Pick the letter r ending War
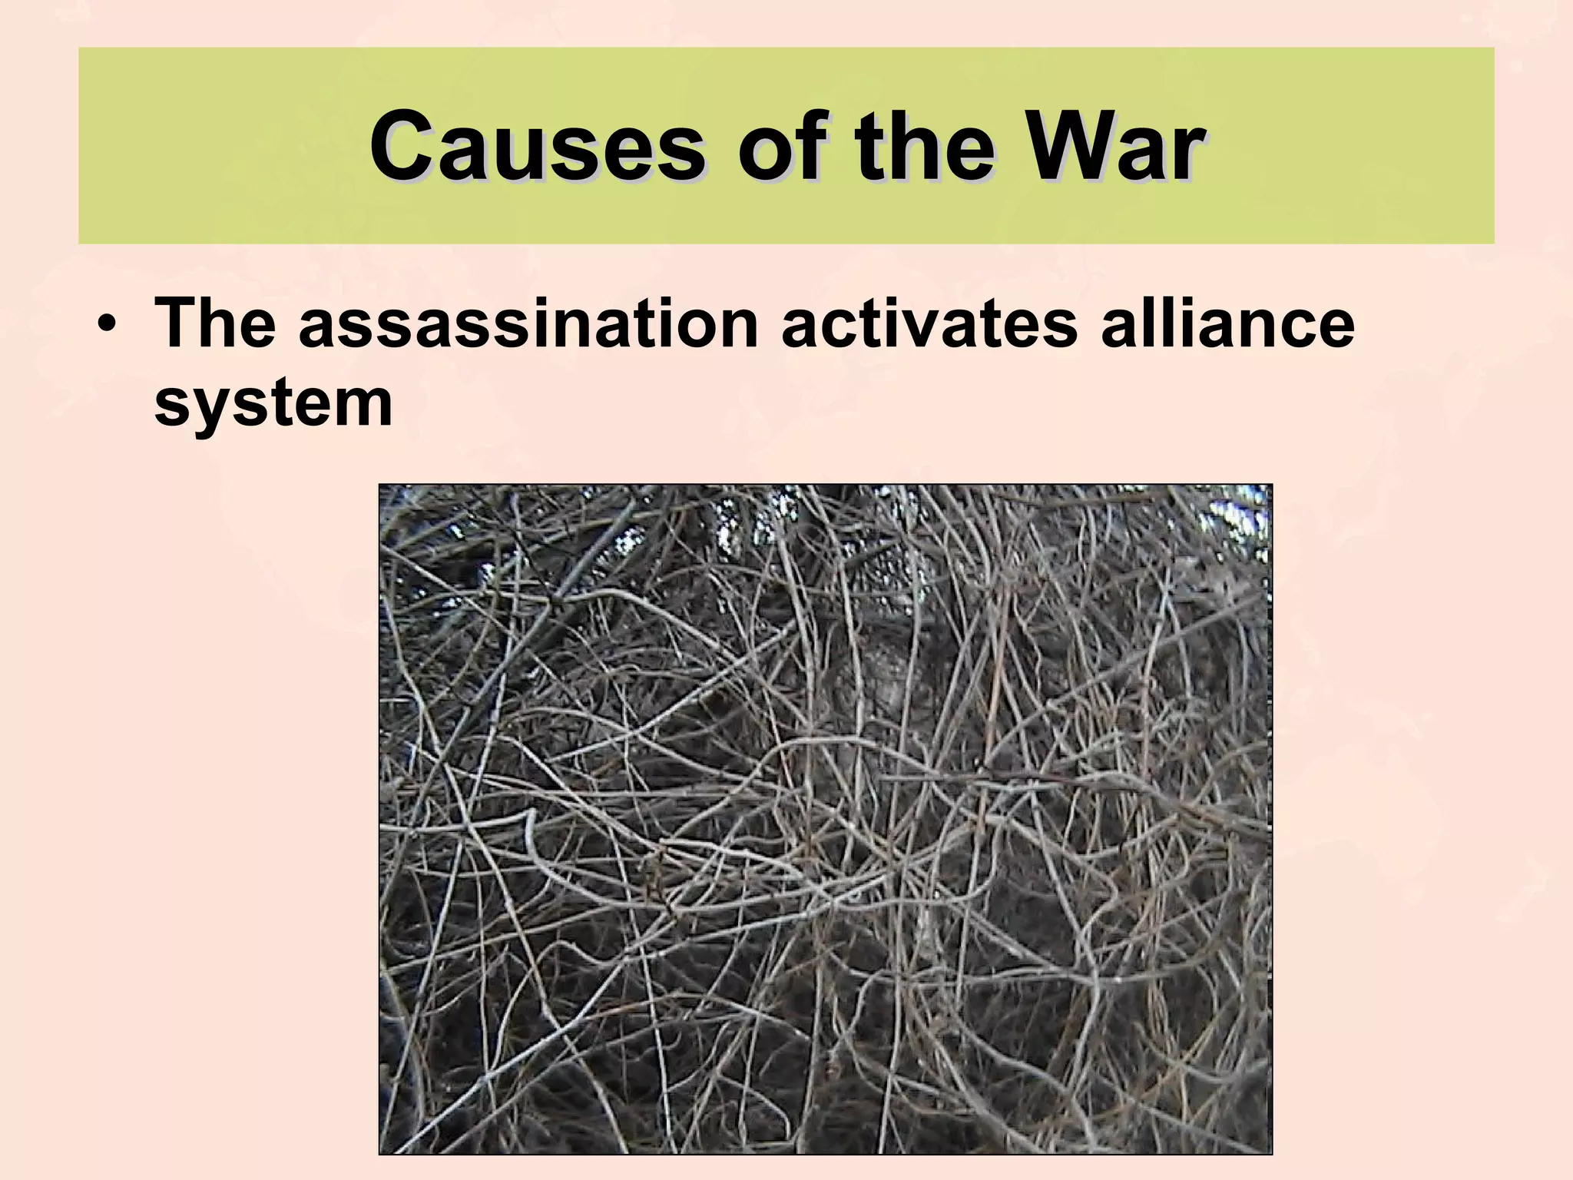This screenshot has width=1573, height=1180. (1186, 150)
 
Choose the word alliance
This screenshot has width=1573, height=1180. (1227, 323)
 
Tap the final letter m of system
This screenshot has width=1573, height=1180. (364, 405)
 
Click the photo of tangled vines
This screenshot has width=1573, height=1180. (826, 819)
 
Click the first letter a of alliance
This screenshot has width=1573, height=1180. (1118, 326)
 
